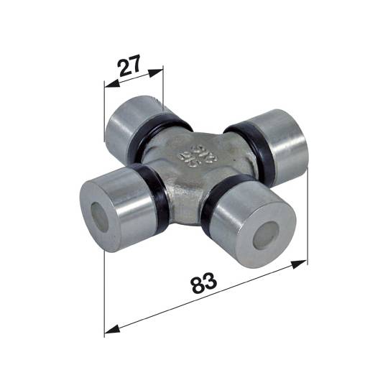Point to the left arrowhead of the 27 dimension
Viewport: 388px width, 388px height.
(x=107, y=87)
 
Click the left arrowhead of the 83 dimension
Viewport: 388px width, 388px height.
(x=108, y=332)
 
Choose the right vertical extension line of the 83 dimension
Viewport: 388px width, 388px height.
(x=308, y=216)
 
